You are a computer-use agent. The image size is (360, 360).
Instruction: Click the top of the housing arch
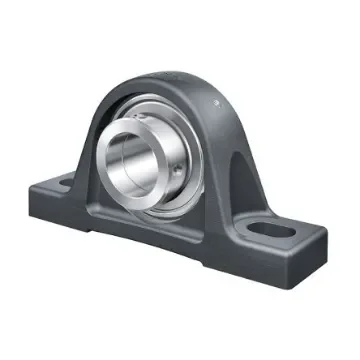pyautogui.click(x=170, y=77)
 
